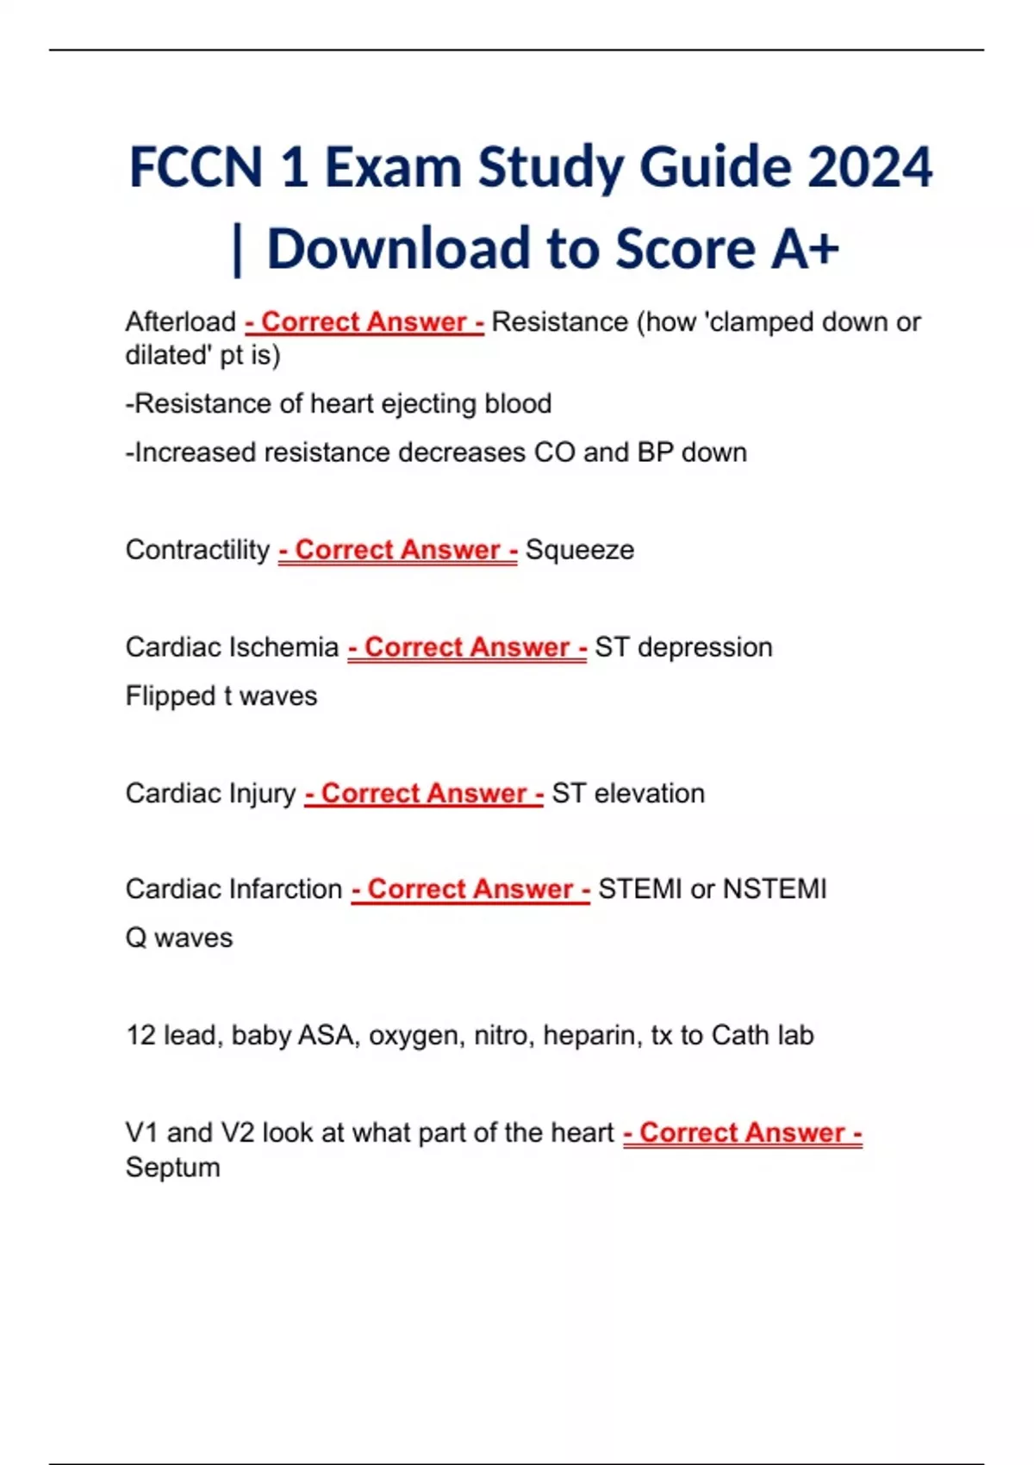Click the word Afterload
pos(180,322)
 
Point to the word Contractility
pos(197,550)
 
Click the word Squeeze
pos(580,550)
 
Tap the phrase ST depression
pos(683,647)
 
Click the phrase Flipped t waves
pos(221,696)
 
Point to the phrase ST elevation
pos(628,794)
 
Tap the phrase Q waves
pos(179,938)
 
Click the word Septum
pos(172,1169)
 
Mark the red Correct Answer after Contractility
pos(397,550)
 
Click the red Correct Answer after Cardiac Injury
pos(423,794)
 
